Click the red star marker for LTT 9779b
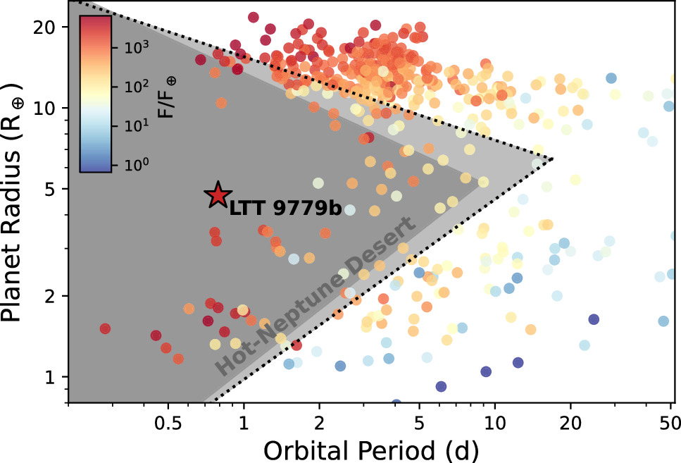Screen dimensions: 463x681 pos(218,195)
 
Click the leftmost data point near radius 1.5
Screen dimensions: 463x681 pos(105,328)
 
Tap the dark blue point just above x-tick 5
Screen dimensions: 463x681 pos(441,386)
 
